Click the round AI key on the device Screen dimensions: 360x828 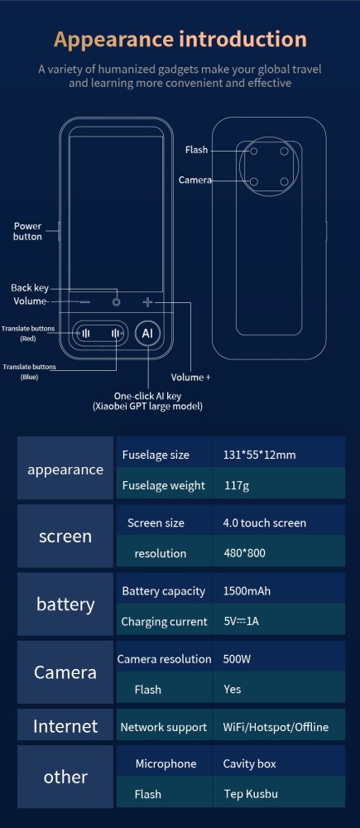[147, 333]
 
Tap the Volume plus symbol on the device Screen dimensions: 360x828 [147, 302]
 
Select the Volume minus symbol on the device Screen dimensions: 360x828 [85, 302]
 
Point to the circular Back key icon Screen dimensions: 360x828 [116, 302]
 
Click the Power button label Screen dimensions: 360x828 [27, 231]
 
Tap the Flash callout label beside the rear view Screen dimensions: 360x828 [196, 151]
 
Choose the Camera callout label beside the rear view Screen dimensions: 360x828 [194, 180]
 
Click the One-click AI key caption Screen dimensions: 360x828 [148, 402]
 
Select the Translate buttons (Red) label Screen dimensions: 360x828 [27, 333]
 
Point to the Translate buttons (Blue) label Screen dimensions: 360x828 [29, 372]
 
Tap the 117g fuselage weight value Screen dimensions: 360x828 [237, 485]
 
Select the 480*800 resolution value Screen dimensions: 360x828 [244, 553]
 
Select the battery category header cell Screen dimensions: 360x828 [65, 604]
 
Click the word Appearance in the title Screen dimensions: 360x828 [113, 40]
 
